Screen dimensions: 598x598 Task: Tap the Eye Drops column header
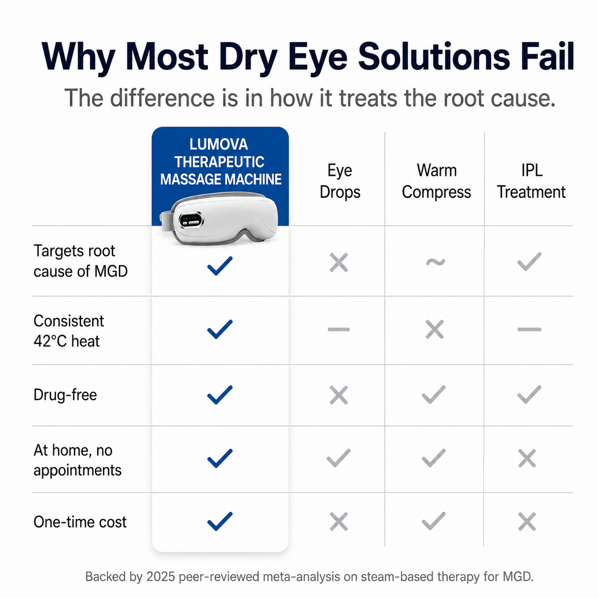(x=340, y=181)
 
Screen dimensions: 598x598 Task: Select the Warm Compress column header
(x=436, y=181)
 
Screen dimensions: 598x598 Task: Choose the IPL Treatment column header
(x=531, y=181)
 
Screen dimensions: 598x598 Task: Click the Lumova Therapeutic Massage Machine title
(x=221, y=162)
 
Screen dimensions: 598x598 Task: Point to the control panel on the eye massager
(x=192, y=220)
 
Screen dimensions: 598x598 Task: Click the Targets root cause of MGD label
(x=81, y=261)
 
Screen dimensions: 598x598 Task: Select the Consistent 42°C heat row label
(x=69, y=331)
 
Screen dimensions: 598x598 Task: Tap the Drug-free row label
(x=65, y=395)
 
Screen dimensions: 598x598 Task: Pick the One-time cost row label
(x=80, y=522)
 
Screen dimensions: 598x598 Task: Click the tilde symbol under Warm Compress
(x=435, y=262)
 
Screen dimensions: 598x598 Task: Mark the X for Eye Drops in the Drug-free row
(x=339, y=395)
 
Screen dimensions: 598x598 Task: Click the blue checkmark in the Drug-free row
(x=220, y=395)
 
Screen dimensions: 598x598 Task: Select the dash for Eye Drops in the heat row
(x=339, y=329)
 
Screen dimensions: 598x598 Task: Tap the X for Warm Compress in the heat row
(x=434, y=329)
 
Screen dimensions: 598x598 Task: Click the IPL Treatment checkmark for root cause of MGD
(x=529, y=262)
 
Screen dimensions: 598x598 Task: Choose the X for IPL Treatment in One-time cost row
(x=527, y=522)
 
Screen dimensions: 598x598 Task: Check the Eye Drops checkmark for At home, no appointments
(x=339, y=458)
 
